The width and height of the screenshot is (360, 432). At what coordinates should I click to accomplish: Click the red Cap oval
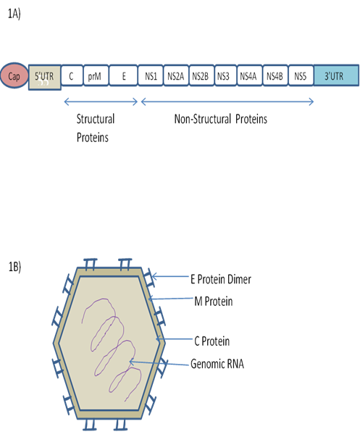[x=14, y=75]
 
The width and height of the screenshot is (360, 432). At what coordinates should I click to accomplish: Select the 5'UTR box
[x=45, y=77]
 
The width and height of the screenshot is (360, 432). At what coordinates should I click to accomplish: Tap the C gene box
[x=72, y=75]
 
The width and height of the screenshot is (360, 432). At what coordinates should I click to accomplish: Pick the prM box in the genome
[x=96, y=75]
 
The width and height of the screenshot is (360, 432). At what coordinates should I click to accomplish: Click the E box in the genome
[x=123, y=75]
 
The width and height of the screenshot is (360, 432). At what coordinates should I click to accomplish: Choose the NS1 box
[x=151, y=75]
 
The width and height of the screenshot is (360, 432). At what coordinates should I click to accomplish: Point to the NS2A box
[x=176, y=75]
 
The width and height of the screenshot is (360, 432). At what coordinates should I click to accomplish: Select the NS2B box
[x=201, y=75]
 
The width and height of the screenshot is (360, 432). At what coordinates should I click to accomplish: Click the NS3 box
[x=225, y=75]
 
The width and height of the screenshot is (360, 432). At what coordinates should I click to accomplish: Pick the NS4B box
[x=275, y=75]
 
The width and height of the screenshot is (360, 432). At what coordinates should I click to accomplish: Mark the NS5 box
[x=301, y=75]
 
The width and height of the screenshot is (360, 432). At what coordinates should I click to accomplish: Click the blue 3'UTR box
[x=336, y=75]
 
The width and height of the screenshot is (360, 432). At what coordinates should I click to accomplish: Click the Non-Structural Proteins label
[x=221, y=119]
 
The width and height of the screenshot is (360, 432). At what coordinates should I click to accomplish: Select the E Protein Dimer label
[x=221, y=279]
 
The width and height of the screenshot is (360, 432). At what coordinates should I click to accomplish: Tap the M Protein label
[x=213, y=301]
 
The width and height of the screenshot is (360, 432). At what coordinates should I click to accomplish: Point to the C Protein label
[x=212, y=341]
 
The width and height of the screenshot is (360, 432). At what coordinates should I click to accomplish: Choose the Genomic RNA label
[x=217, y=364]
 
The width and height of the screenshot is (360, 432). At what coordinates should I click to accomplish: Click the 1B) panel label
[x=15, y=267]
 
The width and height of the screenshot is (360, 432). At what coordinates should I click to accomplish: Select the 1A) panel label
[x=14, y=14]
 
